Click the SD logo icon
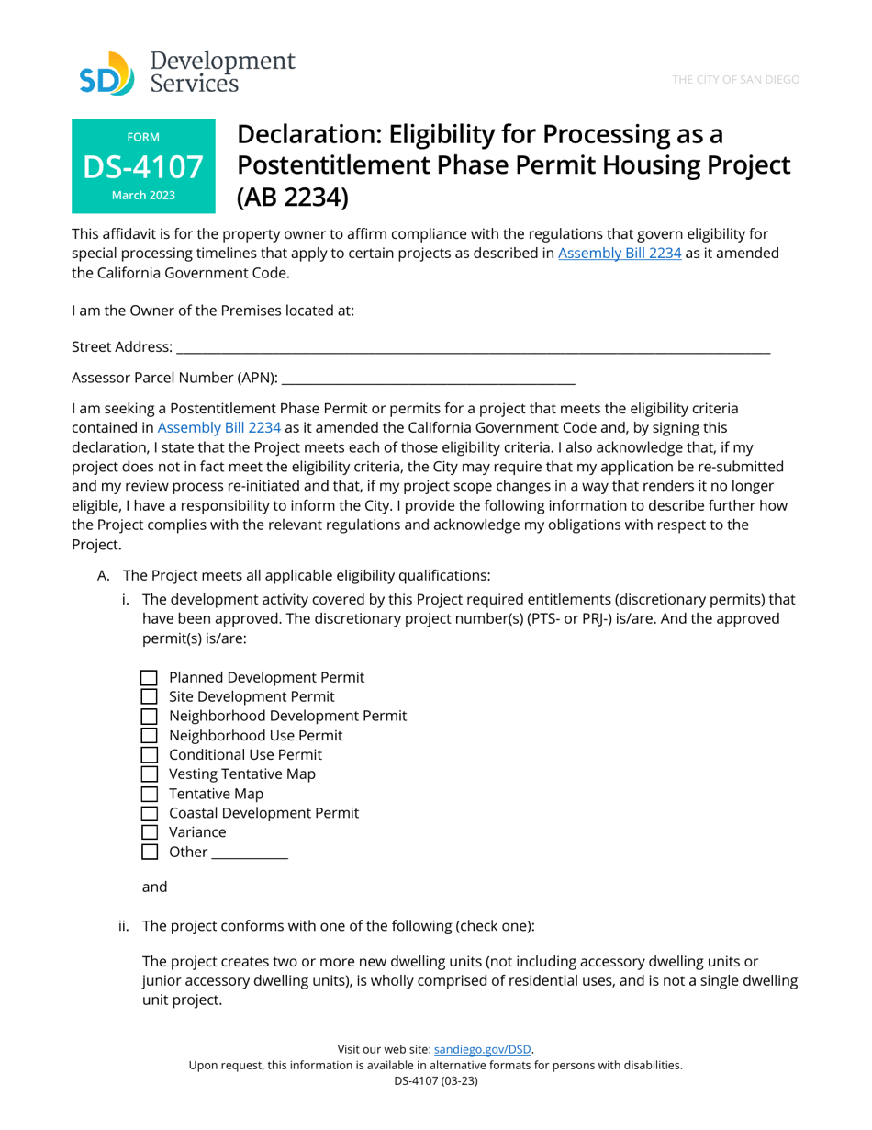[106, 73]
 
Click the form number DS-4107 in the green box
[143, 166]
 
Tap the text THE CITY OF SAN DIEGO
[735, 80]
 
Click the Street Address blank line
[473, 347]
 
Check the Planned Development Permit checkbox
[150, 678]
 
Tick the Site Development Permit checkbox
[150, 697]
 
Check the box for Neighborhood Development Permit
[150, 717]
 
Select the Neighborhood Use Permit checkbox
[150, 736]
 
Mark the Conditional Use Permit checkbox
[150, 755]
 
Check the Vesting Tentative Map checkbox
[150, 774]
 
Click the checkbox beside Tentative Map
[150, 794]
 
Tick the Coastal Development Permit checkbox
[150, 813]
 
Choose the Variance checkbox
[150, 832]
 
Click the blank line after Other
[250, 853]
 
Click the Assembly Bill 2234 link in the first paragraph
[620, 253]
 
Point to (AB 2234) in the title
[293, 198]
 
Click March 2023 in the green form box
[143, 196]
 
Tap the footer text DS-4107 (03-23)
[436, 1081]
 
